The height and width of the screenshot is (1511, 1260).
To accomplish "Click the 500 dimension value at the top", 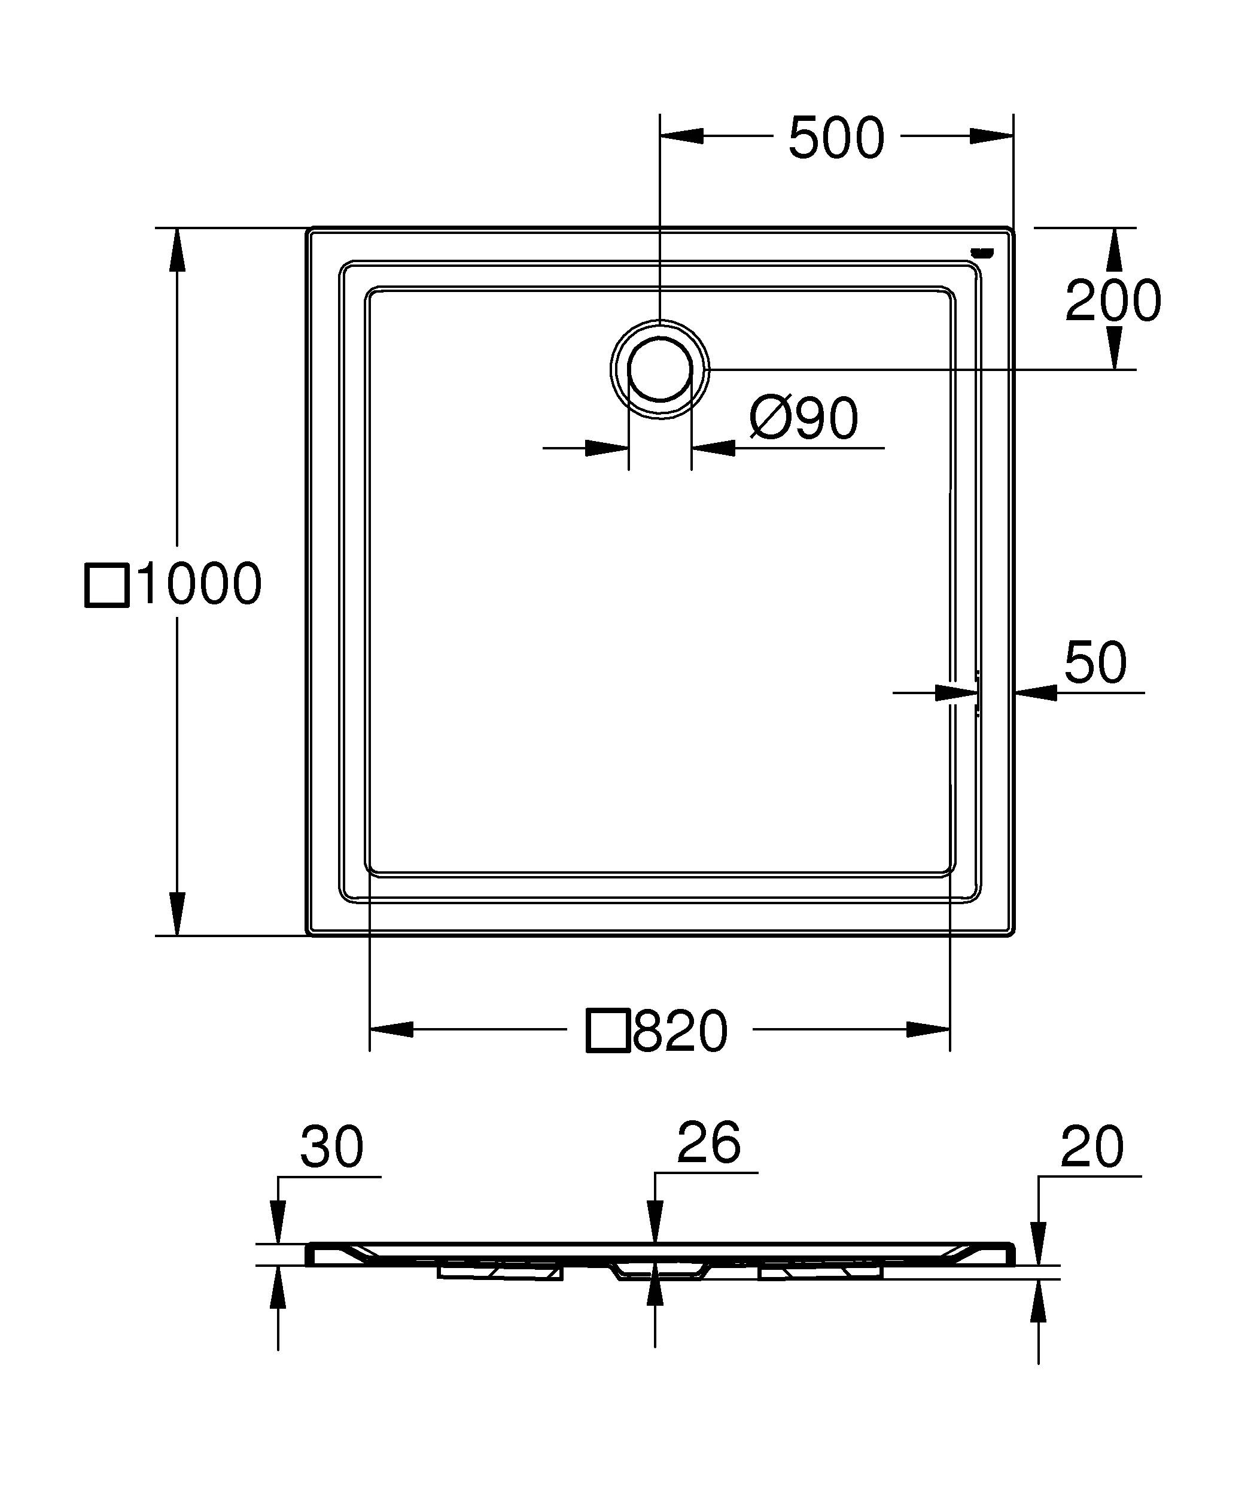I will [x=836, y=138].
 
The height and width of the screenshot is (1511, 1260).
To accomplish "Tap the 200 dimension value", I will [x=1113, y=301].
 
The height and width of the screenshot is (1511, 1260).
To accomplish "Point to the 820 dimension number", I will [x=680, y=1031].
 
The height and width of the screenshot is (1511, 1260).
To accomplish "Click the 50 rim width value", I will [x=1095, y=662].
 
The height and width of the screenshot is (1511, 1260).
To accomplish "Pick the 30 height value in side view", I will [x=331, y=1147].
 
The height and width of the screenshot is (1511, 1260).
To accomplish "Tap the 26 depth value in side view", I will [x=708, y=1142].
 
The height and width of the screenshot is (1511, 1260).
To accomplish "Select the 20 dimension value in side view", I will [x=1091, y=1148].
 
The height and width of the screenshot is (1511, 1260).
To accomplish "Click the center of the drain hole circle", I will [x=660, y=369].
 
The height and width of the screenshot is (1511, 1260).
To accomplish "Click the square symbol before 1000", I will [x=107, y=586].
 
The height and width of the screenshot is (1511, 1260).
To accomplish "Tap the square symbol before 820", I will [x=608, y=1031].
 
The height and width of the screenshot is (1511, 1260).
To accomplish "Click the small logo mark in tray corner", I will [x=982, y=252].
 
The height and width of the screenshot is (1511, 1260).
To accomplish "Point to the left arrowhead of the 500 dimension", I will [x=681, y=136].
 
